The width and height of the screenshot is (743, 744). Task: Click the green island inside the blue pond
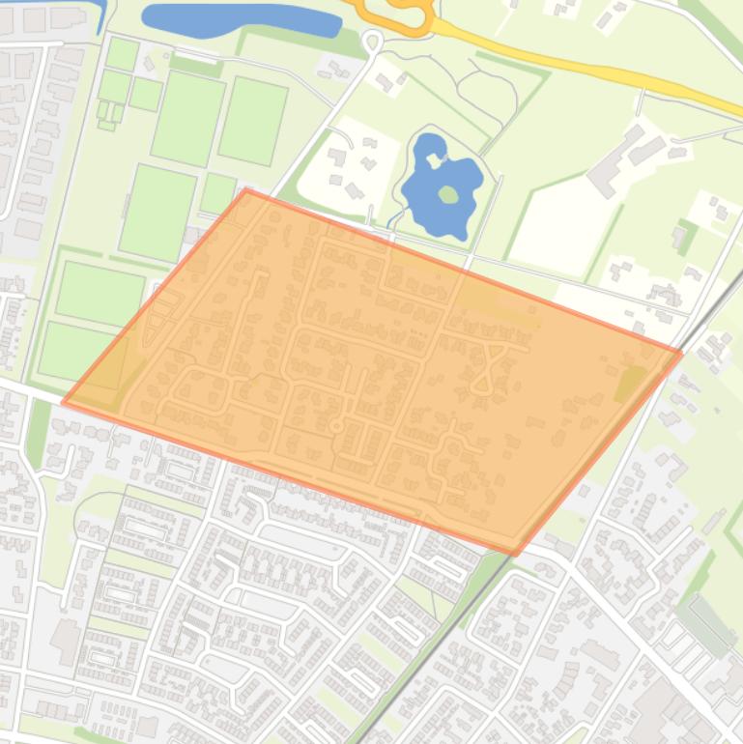click(x=447, y=194)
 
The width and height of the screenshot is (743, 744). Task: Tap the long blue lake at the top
click(x=242, y=18)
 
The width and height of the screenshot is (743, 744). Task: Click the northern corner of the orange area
click(x=246, y=191)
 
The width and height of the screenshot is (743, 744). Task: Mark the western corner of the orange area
click(x=64, y=402)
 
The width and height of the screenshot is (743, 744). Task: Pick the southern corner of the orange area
click(x=515, y=554)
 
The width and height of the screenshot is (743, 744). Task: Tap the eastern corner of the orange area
click(x=680, y=354)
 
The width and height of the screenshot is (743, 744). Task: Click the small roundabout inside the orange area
click(x=336, y=425)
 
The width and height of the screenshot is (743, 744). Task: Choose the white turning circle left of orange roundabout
click(x=372, y=41)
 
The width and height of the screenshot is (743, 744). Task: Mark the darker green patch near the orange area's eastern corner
click(x=632, y=383)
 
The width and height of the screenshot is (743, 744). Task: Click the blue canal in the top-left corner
click(x=100, y=14)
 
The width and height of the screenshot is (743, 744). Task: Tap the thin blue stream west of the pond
click(x=391, y=221)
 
